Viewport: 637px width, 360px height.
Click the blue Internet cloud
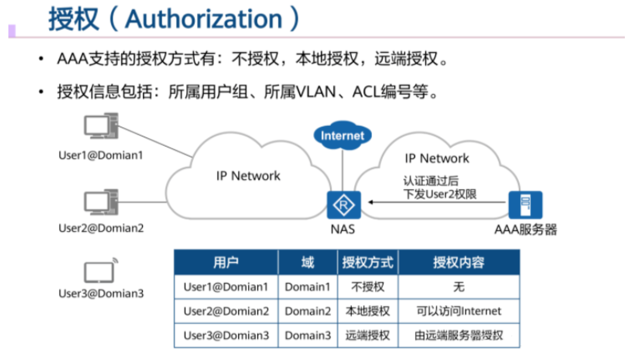[342, 135]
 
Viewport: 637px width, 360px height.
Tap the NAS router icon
[344, 205]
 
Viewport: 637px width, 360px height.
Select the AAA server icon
[525, 205]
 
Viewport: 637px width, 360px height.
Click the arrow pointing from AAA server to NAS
[436, 202]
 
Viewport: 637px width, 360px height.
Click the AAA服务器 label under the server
[526, 229]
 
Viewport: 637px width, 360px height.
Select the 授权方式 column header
[368, 263]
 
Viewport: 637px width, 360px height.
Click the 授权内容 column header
[458, 263]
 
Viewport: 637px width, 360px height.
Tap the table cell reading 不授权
[367, 287]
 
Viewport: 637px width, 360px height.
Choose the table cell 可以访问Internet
[458, 311]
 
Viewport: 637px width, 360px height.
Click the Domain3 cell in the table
[308, 335]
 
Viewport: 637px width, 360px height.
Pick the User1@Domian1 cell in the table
[226, 287]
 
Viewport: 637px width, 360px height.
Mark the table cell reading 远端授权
[367, 335]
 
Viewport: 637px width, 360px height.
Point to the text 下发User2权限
[440, 194]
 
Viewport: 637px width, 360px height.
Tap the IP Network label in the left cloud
[248, 176]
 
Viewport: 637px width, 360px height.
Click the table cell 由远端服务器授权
[458, 335]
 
